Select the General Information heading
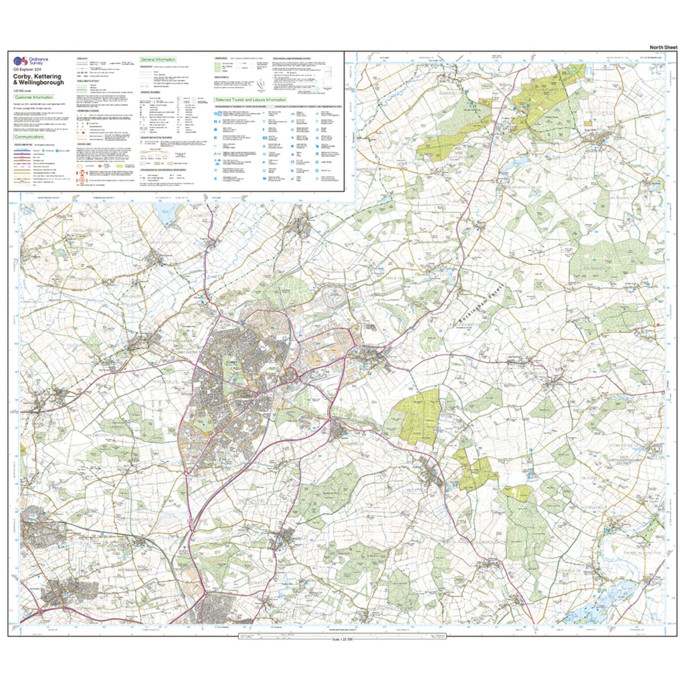tap(158, 60)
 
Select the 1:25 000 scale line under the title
tap(25, 90)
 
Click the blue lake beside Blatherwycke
tap(510, 164)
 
